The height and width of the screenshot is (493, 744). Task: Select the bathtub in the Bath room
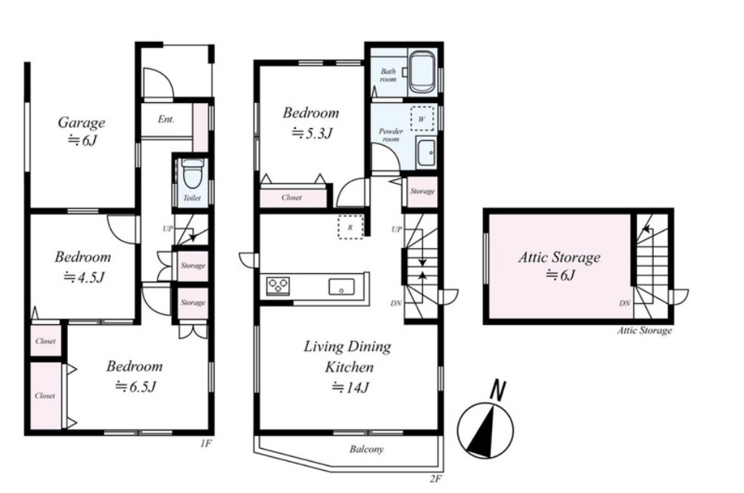pos(422,72)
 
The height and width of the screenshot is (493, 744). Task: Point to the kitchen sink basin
pos(341,287)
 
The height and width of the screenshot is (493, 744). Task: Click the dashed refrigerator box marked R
pos(351,227)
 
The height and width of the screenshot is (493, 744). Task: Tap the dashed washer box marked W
pos(422,119)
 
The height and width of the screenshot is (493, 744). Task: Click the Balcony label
pos(367,449)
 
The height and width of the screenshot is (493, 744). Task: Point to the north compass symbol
pos(485,424)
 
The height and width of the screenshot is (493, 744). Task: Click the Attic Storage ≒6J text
pos(559,266)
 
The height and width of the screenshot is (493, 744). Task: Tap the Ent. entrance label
pos(166,119)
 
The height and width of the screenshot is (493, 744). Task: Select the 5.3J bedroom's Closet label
pos(291,198)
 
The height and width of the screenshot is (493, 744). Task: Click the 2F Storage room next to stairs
pos(422,192)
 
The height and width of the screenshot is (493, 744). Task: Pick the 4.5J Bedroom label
pos(83,266)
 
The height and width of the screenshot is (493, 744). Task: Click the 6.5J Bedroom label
pos(134,376)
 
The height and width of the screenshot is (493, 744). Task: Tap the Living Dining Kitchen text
pos(348,356)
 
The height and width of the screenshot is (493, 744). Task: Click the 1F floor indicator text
pos(205,443)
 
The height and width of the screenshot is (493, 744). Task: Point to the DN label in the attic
pos(624,303)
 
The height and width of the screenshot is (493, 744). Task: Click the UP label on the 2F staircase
pos(396,230)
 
